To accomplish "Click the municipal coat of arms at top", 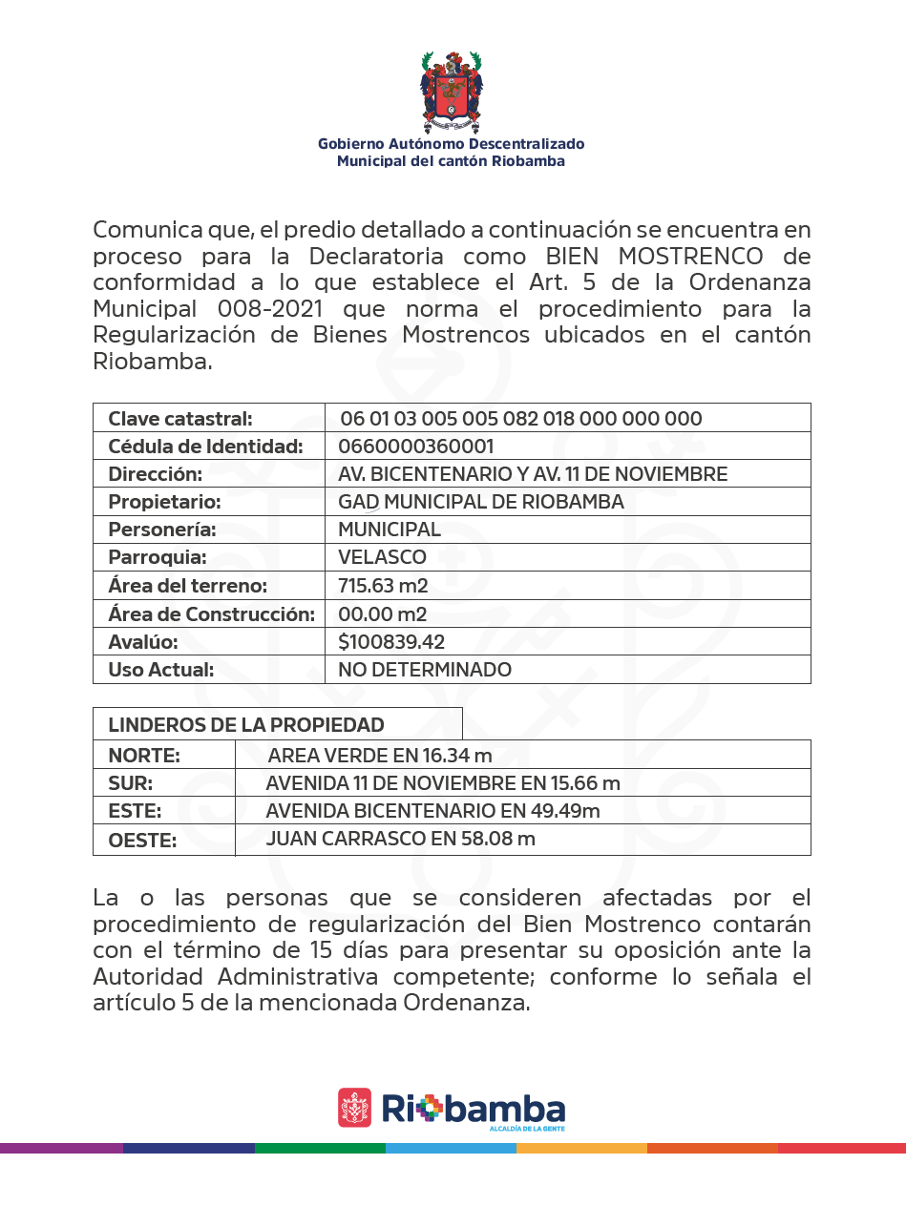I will point(452,92).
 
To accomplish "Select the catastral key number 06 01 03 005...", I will point(521,419).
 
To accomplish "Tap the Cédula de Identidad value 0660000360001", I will point(416,447).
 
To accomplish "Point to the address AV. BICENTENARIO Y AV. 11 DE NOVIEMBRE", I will point(533,474).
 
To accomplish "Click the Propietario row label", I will point(164,502).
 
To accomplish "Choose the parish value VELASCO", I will point(382,557).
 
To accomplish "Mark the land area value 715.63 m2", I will point(383,586).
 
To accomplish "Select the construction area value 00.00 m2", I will point(382,613).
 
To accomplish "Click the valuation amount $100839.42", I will point(391,642).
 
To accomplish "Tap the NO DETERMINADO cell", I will point(425,670).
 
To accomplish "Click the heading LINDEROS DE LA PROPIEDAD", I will point(246,725).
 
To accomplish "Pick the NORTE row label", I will point(144,757).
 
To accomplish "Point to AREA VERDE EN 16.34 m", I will point(380,757).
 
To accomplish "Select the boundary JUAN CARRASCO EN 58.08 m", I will point(400,840).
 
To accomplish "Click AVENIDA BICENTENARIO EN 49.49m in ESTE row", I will point(432,812).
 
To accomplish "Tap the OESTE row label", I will point(143,842).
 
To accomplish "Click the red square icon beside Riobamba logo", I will point(355,1108).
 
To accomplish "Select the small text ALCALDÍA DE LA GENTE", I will point(526,1129).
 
